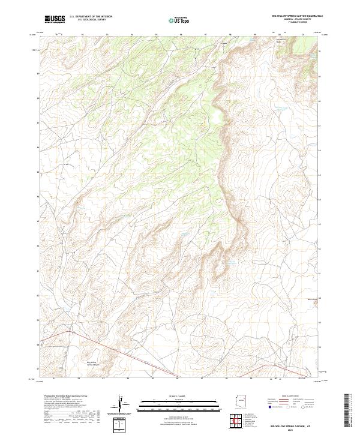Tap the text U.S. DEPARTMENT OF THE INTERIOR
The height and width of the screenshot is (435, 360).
[x=91, y=17]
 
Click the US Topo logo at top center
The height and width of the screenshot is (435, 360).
[x=179, y=20]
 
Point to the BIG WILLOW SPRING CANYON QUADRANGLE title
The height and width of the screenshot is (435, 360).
[x=284, y=16]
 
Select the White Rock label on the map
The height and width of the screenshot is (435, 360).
[x=311, y=299]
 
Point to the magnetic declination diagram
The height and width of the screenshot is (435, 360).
[x=122, y=404]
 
